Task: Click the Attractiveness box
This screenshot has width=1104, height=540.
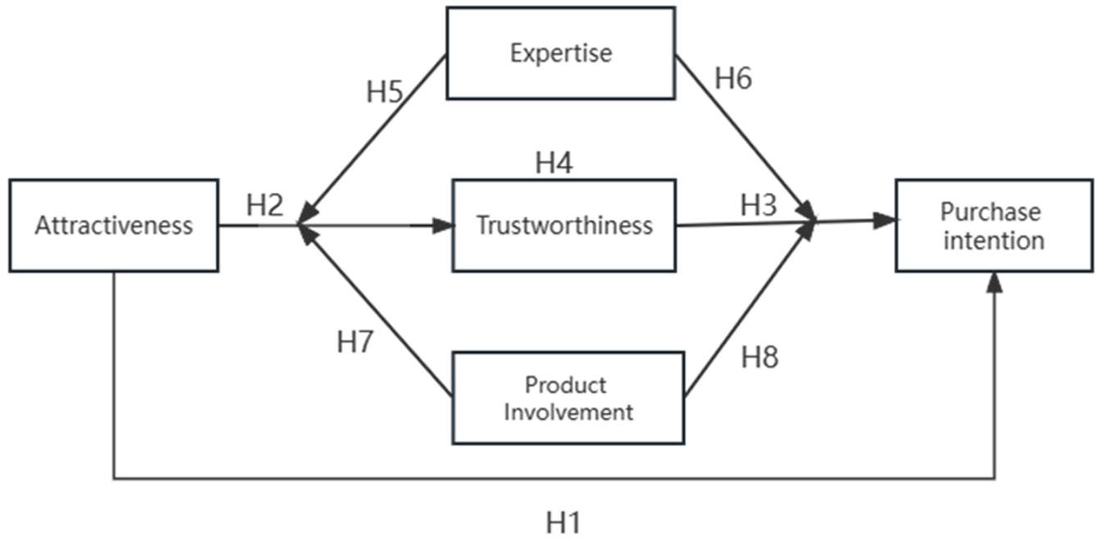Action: coord(114,226)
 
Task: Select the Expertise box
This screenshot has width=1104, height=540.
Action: coord(561,53)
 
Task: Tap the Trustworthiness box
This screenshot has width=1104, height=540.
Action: coord(564,226)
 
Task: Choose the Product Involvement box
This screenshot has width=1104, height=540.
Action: coord(568,398)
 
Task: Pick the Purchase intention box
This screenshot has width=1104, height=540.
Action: coord(994,226)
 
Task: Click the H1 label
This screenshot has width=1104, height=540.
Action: coord(563,523)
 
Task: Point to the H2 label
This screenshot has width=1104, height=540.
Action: coord(265,205)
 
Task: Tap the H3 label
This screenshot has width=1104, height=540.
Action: coord(759,205)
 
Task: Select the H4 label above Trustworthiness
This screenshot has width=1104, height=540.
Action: coord(554,162)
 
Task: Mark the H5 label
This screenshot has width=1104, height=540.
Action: coord(385,92)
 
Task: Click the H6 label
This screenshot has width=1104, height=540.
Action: coord(733,79)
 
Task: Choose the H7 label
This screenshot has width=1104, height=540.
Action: coord(355,341)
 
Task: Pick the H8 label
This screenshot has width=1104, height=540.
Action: coord(760,358)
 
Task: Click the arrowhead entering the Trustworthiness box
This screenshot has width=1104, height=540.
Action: coord(443,226)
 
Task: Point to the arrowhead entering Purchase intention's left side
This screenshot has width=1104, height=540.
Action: coord(884,221)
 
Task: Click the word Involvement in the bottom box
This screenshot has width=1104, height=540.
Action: coord(568,412)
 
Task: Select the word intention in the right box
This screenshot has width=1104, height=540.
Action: coord(994,241)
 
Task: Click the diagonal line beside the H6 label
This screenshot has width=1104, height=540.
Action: coord(744,137)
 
